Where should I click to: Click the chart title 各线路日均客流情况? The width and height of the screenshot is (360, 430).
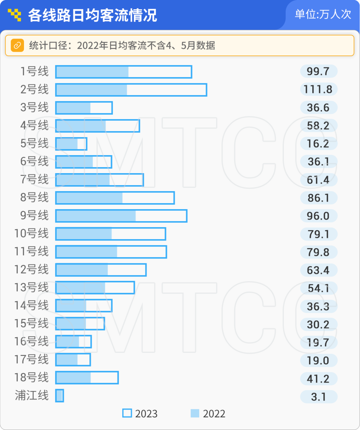point(92,15)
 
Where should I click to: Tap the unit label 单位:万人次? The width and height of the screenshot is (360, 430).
point(323,14)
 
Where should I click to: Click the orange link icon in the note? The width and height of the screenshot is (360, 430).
point(17,45)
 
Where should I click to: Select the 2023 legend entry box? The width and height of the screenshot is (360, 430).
point(127,413)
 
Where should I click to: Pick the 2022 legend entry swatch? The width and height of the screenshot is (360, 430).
point(195,413)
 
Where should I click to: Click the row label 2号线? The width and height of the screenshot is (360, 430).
point(34,89)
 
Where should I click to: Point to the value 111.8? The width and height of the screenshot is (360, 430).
point(318,89)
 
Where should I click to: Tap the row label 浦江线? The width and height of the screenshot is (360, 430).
point(32,395)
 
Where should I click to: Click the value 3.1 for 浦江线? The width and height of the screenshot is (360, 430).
point(318,397)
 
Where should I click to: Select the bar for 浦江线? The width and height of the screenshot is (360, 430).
point(59,396)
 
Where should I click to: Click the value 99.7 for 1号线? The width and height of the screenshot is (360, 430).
point(318,71)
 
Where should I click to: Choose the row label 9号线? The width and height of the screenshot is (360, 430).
point(34,216)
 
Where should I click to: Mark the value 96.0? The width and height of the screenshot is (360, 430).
point(318,216)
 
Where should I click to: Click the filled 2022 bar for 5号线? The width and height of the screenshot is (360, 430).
point(67,144)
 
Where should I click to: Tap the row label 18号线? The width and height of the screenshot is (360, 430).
point(31,377)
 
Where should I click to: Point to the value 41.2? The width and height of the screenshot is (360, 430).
point(318,379)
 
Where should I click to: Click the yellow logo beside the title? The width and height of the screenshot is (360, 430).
point(14,15)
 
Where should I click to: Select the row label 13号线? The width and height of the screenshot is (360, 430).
point(31,287)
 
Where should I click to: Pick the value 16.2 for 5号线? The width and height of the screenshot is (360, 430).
point(318,143)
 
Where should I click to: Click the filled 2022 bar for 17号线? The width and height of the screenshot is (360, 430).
point(67,360)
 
